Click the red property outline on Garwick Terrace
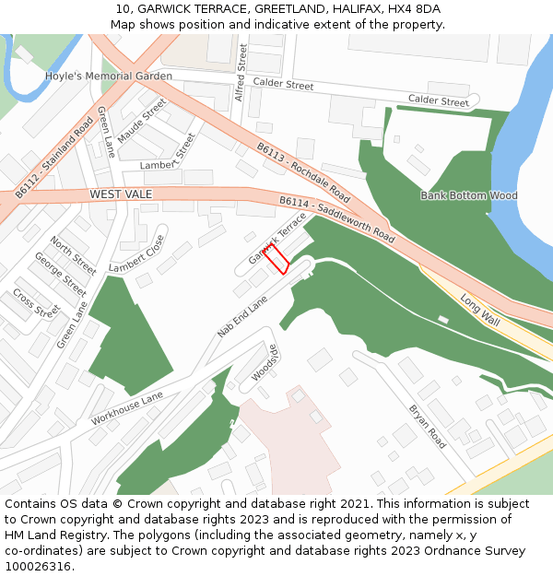point(276,259)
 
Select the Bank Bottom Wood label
point(469,195)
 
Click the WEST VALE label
point(120,195)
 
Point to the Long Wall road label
point(479,309)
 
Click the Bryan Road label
point(427,426)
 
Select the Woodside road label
point(265,362)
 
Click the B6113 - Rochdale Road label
point(303,172)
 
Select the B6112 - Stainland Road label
point(54,158)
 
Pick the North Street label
point(73,255)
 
